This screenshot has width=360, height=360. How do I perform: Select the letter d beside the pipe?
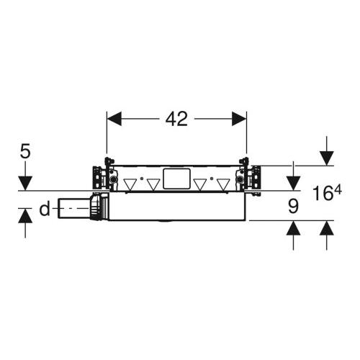(45, 210)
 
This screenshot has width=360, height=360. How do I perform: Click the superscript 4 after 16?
(338, 189)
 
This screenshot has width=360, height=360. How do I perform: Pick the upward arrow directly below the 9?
(293, 230)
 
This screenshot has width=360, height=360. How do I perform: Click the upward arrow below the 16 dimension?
(326, 230)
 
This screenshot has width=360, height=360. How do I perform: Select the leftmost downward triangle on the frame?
(130, 184)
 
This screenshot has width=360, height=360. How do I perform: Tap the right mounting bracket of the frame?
(251, 179)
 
